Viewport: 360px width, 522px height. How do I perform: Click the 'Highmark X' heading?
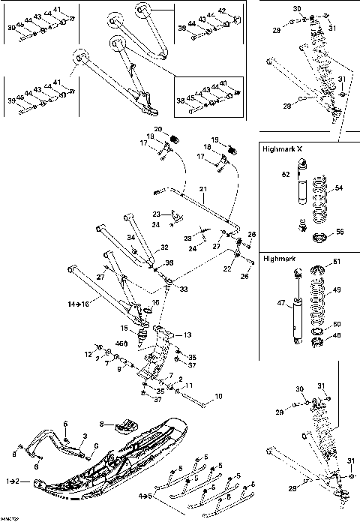[x=283, y=149]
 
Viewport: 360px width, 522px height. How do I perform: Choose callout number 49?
[x=335, y=289]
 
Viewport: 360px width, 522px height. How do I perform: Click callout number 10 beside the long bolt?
[x=218, y=395]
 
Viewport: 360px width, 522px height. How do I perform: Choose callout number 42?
[x=220, y=11]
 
